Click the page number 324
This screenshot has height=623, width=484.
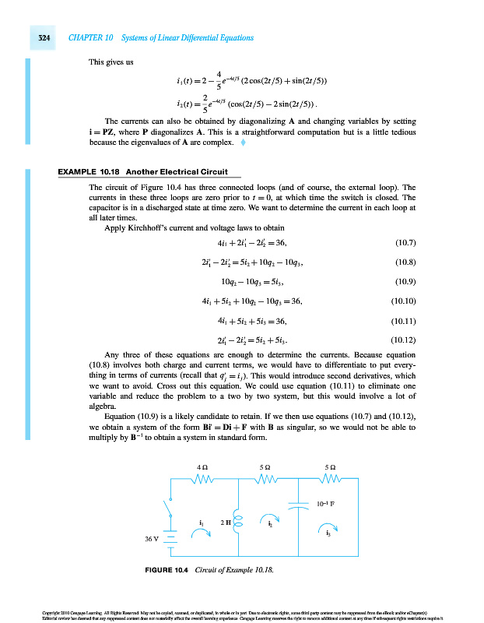click(x=38, y=37)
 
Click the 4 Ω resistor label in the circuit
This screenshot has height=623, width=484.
click(x=204, y=467)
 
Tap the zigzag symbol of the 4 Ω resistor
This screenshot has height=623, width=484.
click(x=204, y=479)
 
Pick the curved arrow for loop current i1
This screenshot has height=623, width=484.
click(x=202, y=533)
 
